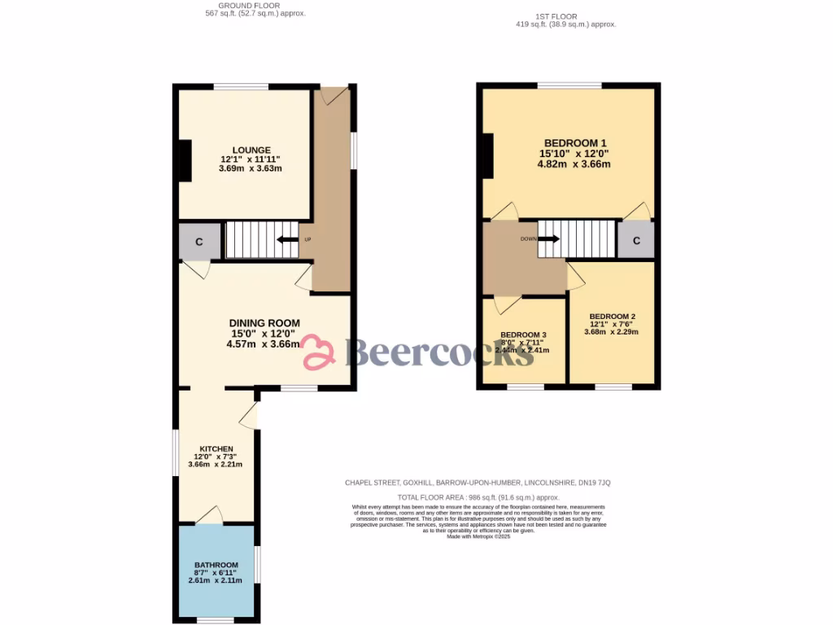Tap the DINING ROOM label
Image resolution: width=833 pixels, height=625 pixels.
click(264, 323)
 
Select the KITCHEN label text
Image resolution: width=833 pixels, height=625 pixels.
click(217, 449)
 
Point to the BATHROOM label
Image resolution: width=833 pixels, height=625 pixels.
click(216, 566)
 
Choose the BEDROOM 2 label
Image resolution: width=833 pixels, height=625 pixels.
click(612, 317)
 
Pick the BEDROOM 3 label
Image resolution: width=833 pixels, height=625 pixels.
click(523, 335)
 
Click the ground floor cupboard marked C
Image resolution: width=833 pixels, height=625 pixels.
click(198, 242)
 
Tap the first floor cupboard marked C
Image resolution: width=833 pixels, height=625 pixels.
click(636, 241)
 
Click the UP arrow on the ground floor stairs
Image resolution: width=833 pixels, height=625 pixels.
click(287, 239)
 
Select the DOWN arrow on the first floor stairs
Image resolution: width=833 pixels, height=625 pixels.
click(549, 238)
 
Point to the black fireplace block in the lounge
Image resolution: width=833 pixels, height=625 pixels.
click(185, 160)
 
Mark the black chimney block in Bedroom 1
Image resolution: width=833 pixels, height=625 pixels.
click(487, 155)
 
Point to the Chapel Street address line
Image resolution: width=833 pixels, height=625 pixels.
click(478, 483)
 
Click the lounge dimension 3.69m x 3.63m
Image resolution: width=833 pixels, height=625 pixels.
click(250, 168)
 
